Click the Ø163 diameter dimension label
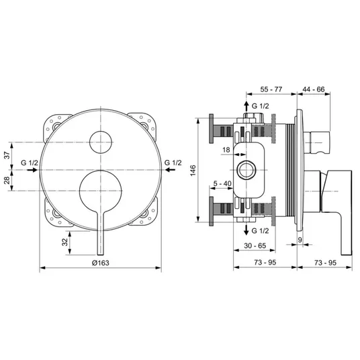[x=100, y=263]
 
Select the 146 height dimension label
[x=193, y=170]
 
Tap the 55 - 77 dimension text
[x=271, y=89]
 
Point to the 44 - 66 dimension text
[x=314, y=89]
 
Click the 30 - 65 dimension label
[x=255, y=246]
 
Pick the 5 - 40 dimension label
[x=222, y=183]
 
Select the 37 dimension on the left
[x=7, y=155]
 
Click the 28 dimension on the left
[x=7, y=180]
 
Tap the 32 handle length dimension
[x=65, y=242]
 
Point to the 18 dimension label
[x=226, y=150]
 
